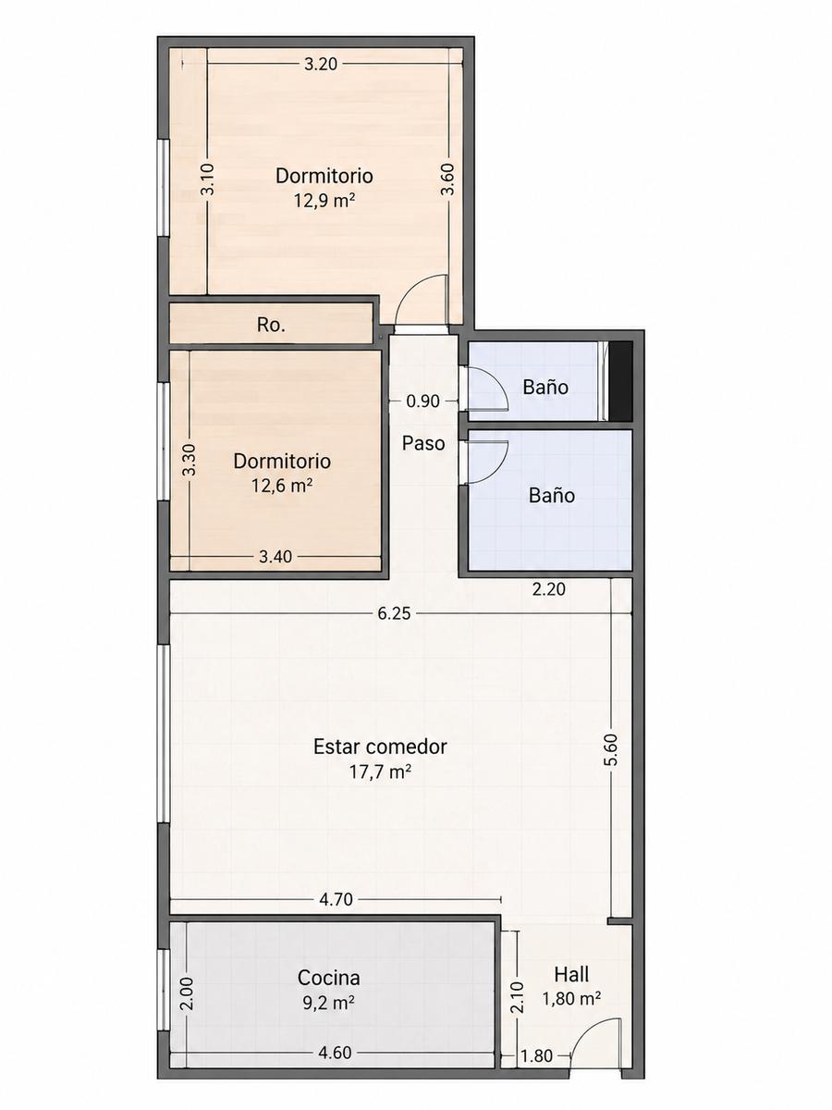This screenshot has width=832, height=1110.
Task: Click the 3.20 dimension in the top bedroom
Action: pos(322,64)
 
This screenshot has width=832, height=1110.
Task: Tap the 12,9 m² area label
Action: pos(324,202)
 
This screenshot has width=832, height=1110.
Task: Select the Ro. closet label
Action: pos(271,326)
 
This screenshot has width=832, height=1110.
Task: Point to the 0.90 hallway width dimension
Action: pos(422,401)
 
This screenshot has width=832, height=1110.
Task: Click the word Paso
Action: pos(423,443)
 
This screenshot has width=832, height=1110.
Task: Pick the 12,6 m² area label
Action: pos(282,486)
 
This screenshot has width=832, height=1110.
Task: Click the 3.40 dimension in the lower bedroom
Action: pos(275,557)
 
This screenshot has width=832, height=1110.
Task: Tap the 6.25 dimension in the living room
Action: pos(395,613)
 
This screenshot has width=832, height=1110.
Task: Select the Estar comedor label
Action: pos(380,746)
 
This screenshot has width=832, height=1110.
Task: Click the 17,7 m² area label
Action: pos(380,771)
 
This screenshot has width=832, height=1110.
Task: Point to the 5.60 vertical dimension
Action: pos(611,750)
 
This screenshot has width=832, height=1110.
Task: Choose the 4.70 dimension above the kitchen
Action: pos(336,900)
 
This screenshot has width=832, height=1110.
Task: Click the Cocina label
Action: pos(328,978)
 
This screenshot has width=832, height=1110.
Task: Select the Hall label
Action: pos(571,974)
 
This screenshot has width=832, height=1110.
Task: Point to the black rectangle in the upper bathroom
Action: pos(620,381)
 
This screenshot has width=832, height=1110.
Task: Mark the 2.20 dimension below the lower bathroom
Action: pos(548,589)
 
